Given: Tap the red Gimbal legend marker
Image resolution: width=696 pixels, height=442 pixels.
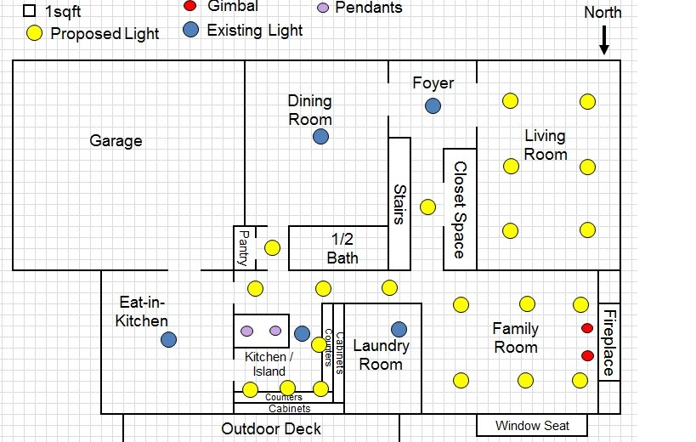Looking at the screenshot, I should click(190, 6).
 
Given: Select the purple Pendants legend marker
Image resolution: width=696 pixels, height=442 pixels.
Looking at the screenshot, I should click(322, 8).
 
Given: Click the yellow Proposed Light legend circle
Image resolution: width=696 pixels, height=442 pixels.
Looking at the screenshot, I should click(34, 34).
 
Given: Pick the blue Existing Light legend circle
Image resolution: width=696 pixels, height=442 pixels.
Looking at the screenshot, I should click(190, 31).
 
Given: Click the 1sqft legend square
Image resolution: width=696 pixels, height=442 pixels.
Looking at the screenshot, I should click(29, 11).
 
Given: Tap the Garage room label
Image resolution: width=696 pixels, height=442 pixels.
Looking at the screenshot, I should click(116, 140).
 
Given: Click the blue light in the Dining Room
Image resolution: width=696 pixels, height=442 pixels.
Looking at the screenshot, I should click(320, 136).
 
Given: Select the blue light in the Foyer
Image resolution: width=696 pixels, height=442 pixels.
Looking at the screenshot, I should click(433, 105).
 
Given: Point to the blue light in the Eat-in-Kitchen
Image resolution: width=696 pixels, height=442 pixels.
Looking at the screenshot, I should click(169, 340).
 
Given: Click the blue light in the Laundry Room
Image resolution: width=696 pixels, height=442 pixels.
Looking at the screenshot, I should click(399, 329).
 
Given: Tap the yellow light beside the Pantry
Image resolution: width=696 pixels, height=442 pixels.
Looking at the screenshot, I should click(272, 248).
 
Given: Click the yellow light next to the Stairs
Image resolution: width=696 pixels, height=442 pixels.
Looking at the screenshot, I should click(428, 207).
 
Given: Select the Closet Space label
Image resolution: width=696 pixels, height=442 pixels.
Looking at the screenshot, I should click(459, 210).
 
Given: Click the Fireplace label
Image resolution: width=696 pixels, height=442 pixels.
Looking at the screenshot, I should click(609, 343).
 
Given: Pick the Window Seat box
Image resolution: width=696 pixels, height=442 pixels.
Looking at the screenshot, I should click(533, 425).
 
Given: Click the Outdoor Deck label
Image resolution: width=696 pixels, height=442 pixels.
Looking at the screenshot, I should click(271, 428).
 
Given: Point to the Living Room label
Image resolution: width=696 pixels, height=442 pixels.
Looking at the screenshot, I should click(545, 144).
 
